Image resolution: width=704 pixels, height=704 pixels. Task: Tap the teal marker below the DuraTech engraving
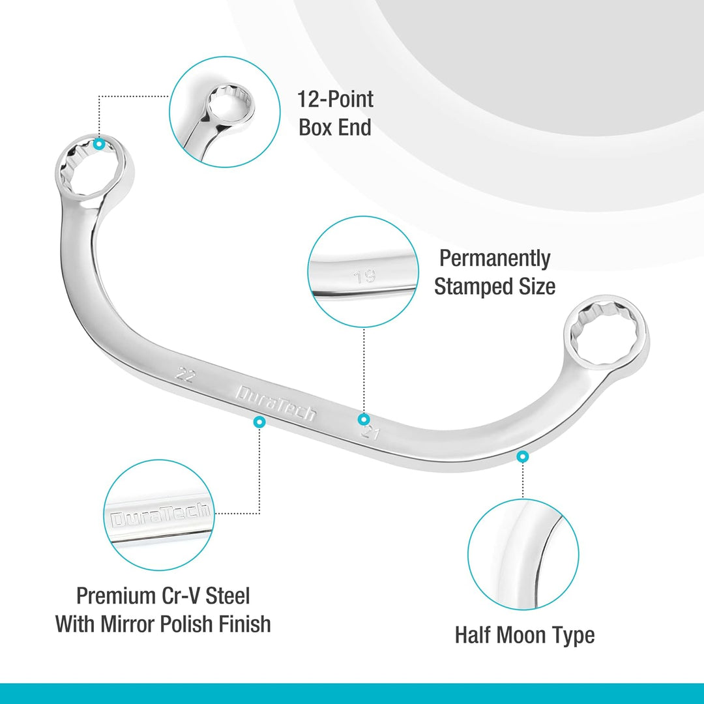pos(259,422)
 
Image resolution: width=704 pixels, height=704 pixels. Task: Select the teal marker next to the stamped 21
pos(364,419)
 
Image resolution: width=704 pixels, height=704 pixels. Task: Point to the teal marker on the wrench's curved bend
pos(522,456)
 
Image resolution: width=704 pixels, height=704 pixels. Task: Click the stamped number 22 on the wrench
pos(184,374)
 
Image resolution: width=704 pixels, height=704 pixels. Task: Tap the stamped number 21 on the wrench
pos(371,433)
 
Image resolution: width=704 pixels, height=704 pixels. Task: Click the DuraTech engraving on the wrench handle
pos(276,403)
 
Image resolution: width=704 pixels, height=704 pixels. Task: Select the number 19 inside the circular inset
pos(364,276)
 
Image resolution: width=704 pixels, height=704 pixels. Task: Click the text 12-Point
pos(336,99)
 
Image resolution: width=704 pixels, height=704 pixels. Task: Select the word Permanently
pos(495,258)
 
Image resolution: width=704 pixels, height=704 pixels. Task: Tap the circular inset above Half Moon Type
pos(523,554)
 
